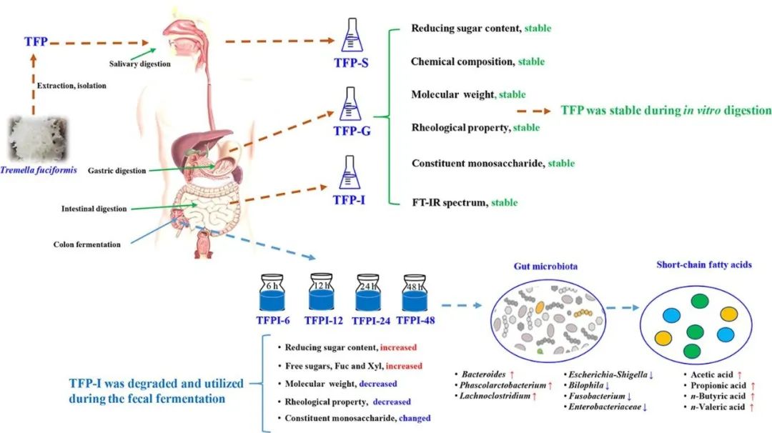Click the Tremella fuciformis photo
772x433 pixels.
(x=34, y=140)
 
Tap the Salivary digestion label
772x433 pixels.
(x=140, y=64)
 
